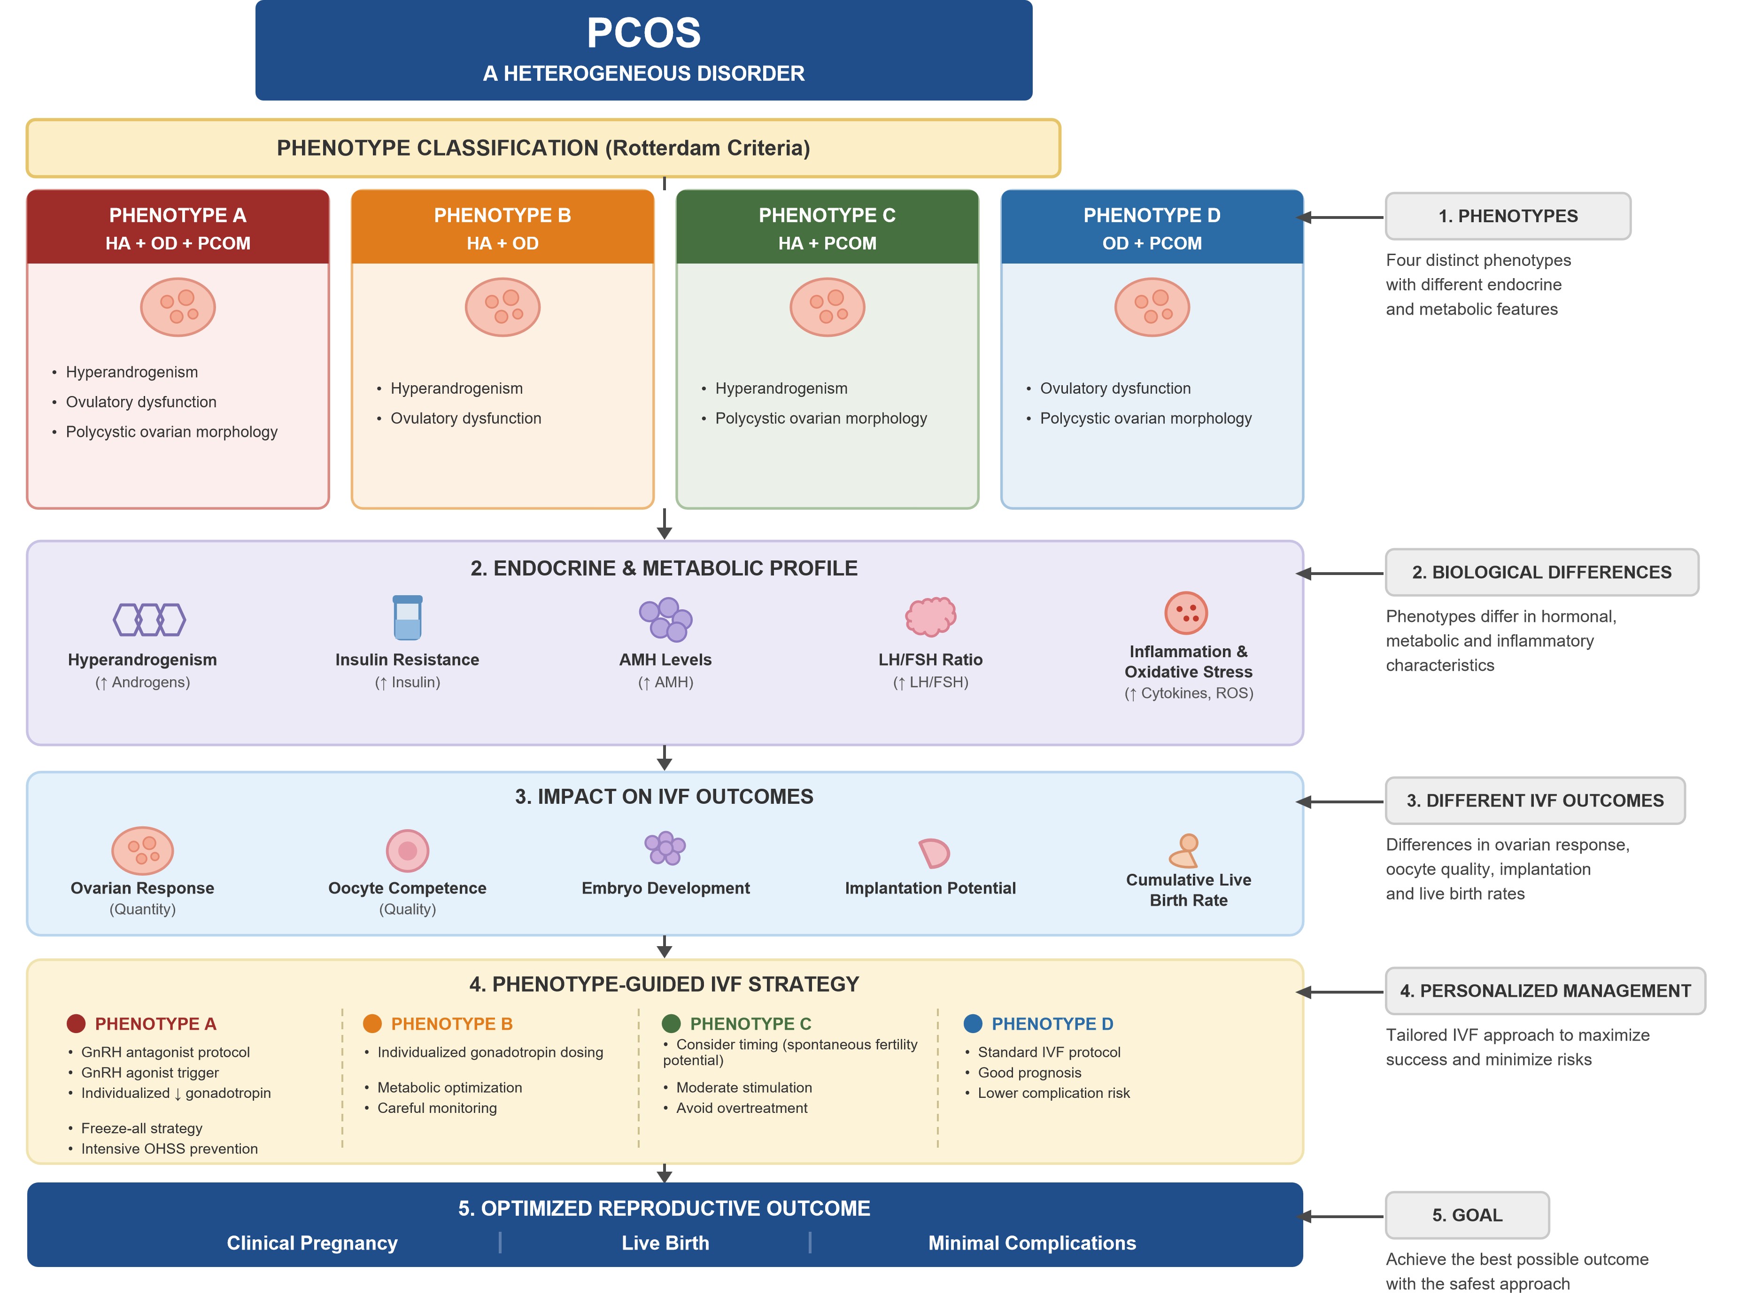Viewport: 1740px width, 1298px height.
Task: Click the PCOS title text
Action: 643,33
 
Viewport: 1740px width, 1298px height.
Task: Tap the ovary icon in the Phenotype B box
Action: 503,307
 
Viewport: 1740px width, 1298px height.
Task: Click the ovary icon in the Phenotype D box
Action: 1152,307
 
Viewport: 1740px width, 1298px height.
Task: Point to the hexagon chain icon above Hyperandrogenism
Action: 149,619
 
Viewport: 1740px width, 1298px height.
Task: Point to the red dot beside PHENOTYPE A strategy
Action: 76,1023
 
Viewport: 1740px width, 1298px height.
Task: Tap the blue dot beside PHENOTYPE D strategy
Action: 973,1023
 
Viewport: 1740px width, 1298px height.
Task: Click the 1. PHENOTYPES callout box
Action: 1508,216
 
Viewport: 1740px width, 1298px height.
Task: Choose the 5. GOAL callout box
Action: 1467,1215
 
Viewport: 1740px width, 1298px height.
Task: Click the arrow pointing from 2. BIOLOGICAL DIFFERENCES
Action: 1339,574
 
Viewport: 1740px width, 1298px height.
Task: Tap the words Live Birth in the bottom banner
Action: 665,1243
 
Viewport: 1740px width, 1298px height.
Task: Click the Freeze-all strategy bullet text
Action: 141,1128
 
